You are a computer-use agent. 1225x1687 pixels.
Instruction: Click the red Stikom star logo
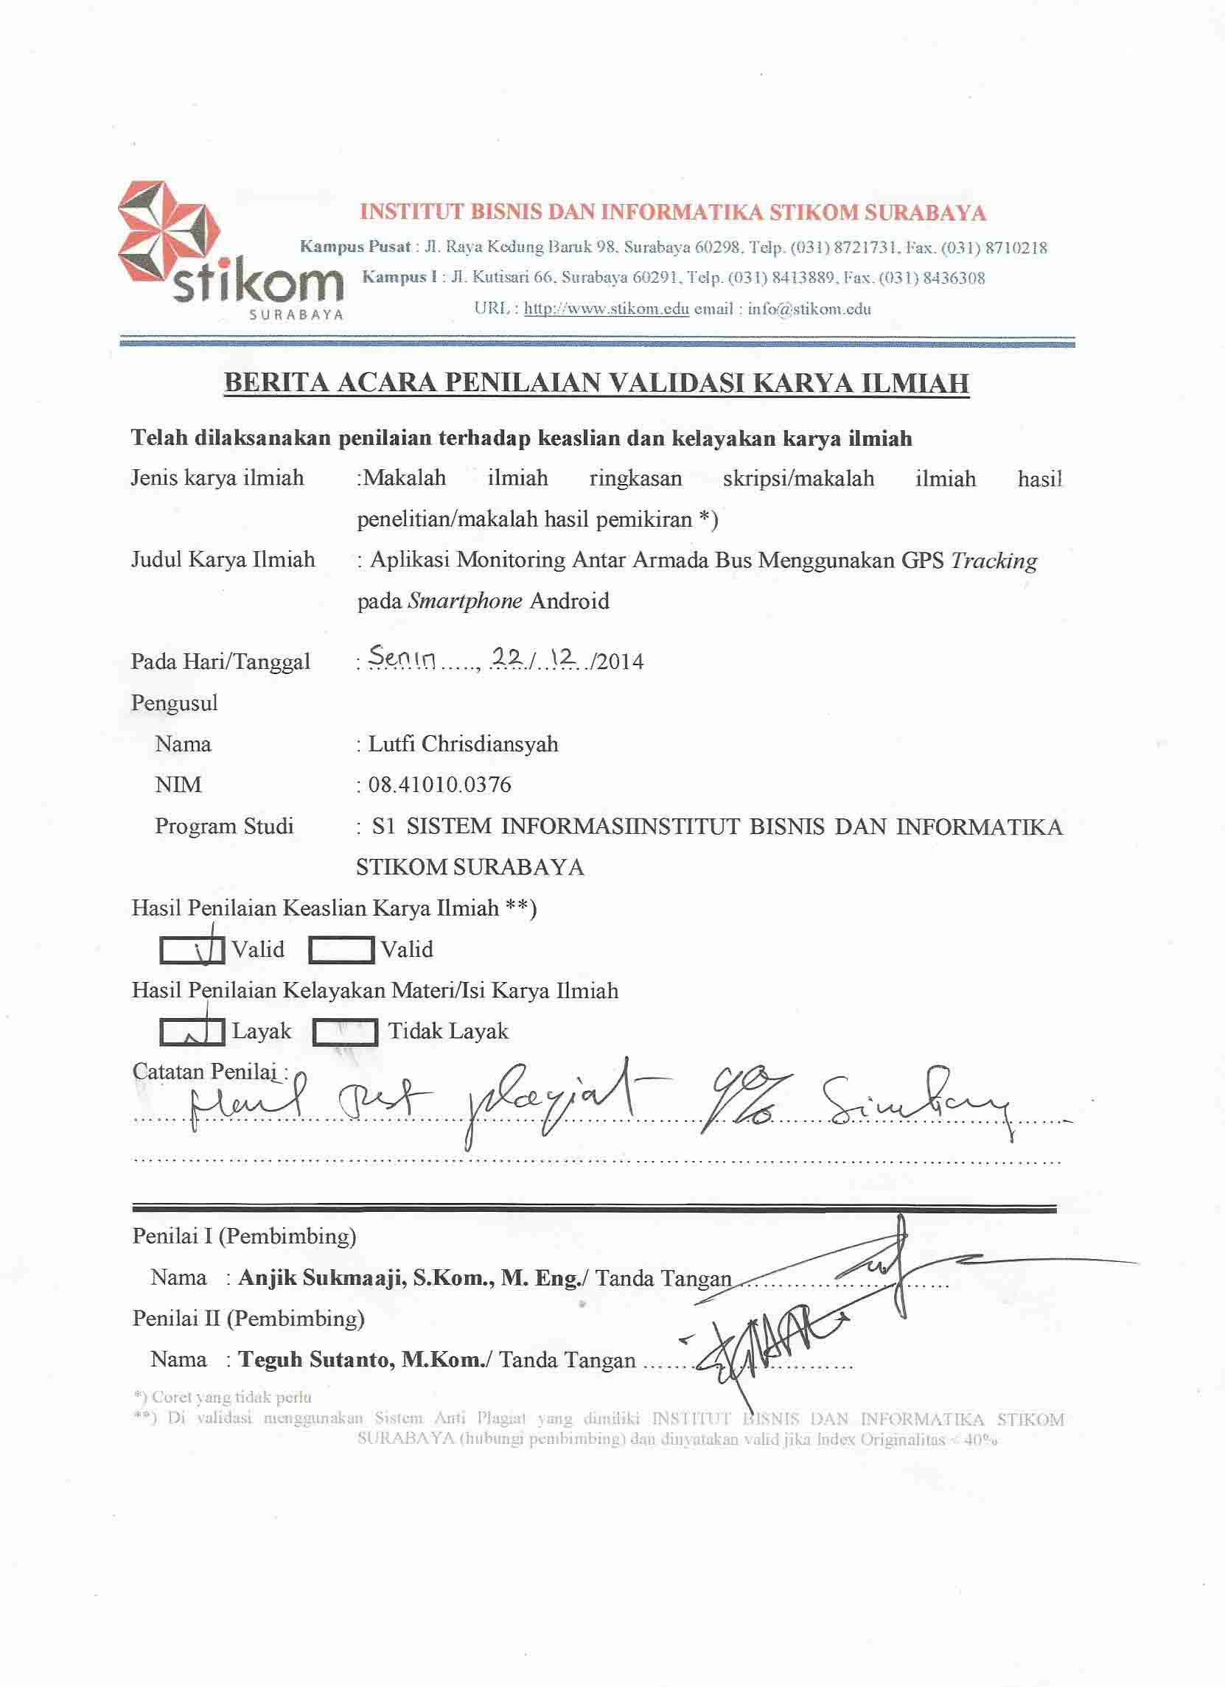[169, 232]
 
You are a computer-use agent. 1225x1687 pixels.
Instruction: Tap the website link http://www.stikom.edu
[606, 309]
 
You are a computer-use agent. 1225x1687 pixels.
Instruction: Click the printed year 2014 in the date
[619, 662]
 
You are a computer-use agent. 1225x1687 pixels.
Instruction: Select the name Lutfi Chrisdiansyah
[463, 744]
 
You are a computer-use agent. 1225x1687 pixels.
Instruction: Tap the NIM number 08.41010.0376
[439, 785]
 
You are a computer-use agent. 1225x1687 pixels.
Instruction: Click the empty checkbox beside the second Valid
[341, 950]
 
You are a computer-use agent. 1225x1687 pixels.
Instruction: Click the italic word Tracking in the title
[994, 561]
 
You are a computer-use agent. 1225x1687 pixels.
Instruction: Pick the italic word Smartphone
[465, 601]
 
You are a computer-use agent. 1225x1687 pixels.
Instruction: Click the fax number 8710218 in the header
[1016, 248]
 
